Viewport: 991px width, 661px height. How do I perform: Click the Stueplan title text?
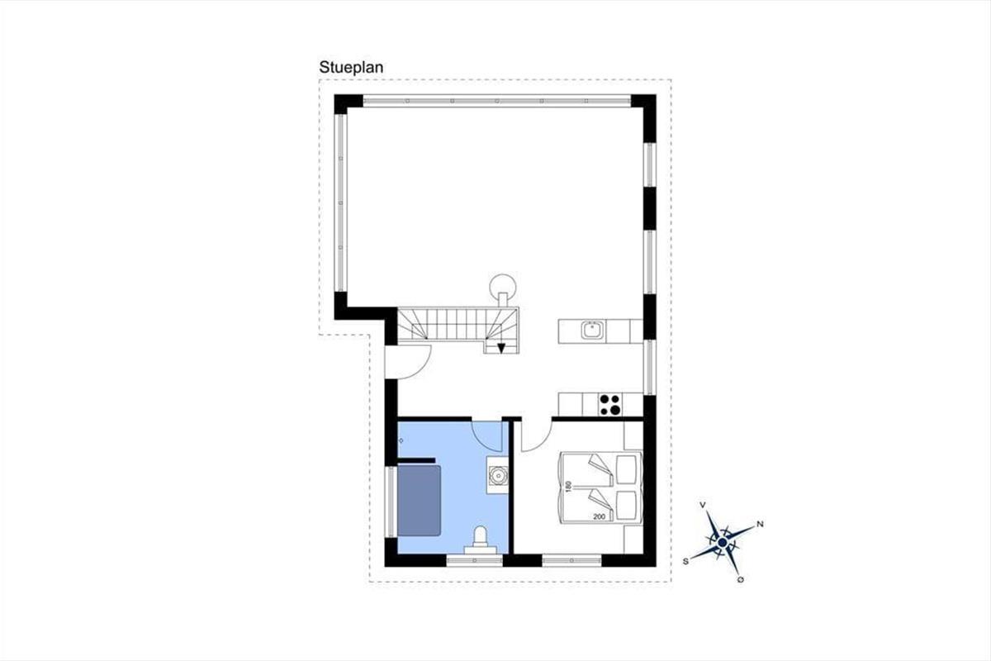tap(351, 67)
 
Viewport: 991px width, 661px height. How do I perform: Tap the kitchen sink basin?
tap(593, 330)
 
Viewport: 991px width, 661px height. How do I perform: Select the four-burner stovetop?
tap(609, 405)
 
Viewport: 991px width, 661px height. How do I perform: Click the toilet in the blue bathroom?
tap(480, 540)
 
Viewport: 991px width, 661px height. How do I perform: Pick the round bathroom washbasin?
tap(498, 476)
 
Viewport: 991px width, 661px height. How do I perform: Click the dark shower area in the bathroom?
tap(419, 500)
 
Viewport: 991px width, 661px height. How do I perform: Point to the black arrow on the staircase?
tap(500, 349)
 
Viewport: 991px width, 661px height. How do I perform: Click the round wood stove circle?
tap(503, 288)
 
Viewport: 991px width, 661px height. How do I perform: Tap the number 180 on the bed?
tap(569, 486)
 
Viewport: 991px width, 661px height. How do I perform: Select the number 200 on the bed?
tap(599, 516)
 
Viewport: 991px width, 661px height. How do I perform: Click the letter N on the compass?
tap(760, 525)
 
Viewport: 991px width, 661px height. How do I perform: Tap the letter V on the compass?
tap(702, 505)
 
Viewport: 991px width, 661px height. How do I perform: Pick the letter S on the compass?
tap(686, 561)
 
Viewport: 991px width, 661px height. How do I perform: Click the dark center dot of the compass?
tap(723, 542)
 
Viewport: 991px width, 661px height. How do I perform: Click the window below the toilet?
tap(474, 560)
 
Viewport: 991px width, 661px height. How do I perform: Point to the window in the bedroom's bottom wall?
tap(571, 560)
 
